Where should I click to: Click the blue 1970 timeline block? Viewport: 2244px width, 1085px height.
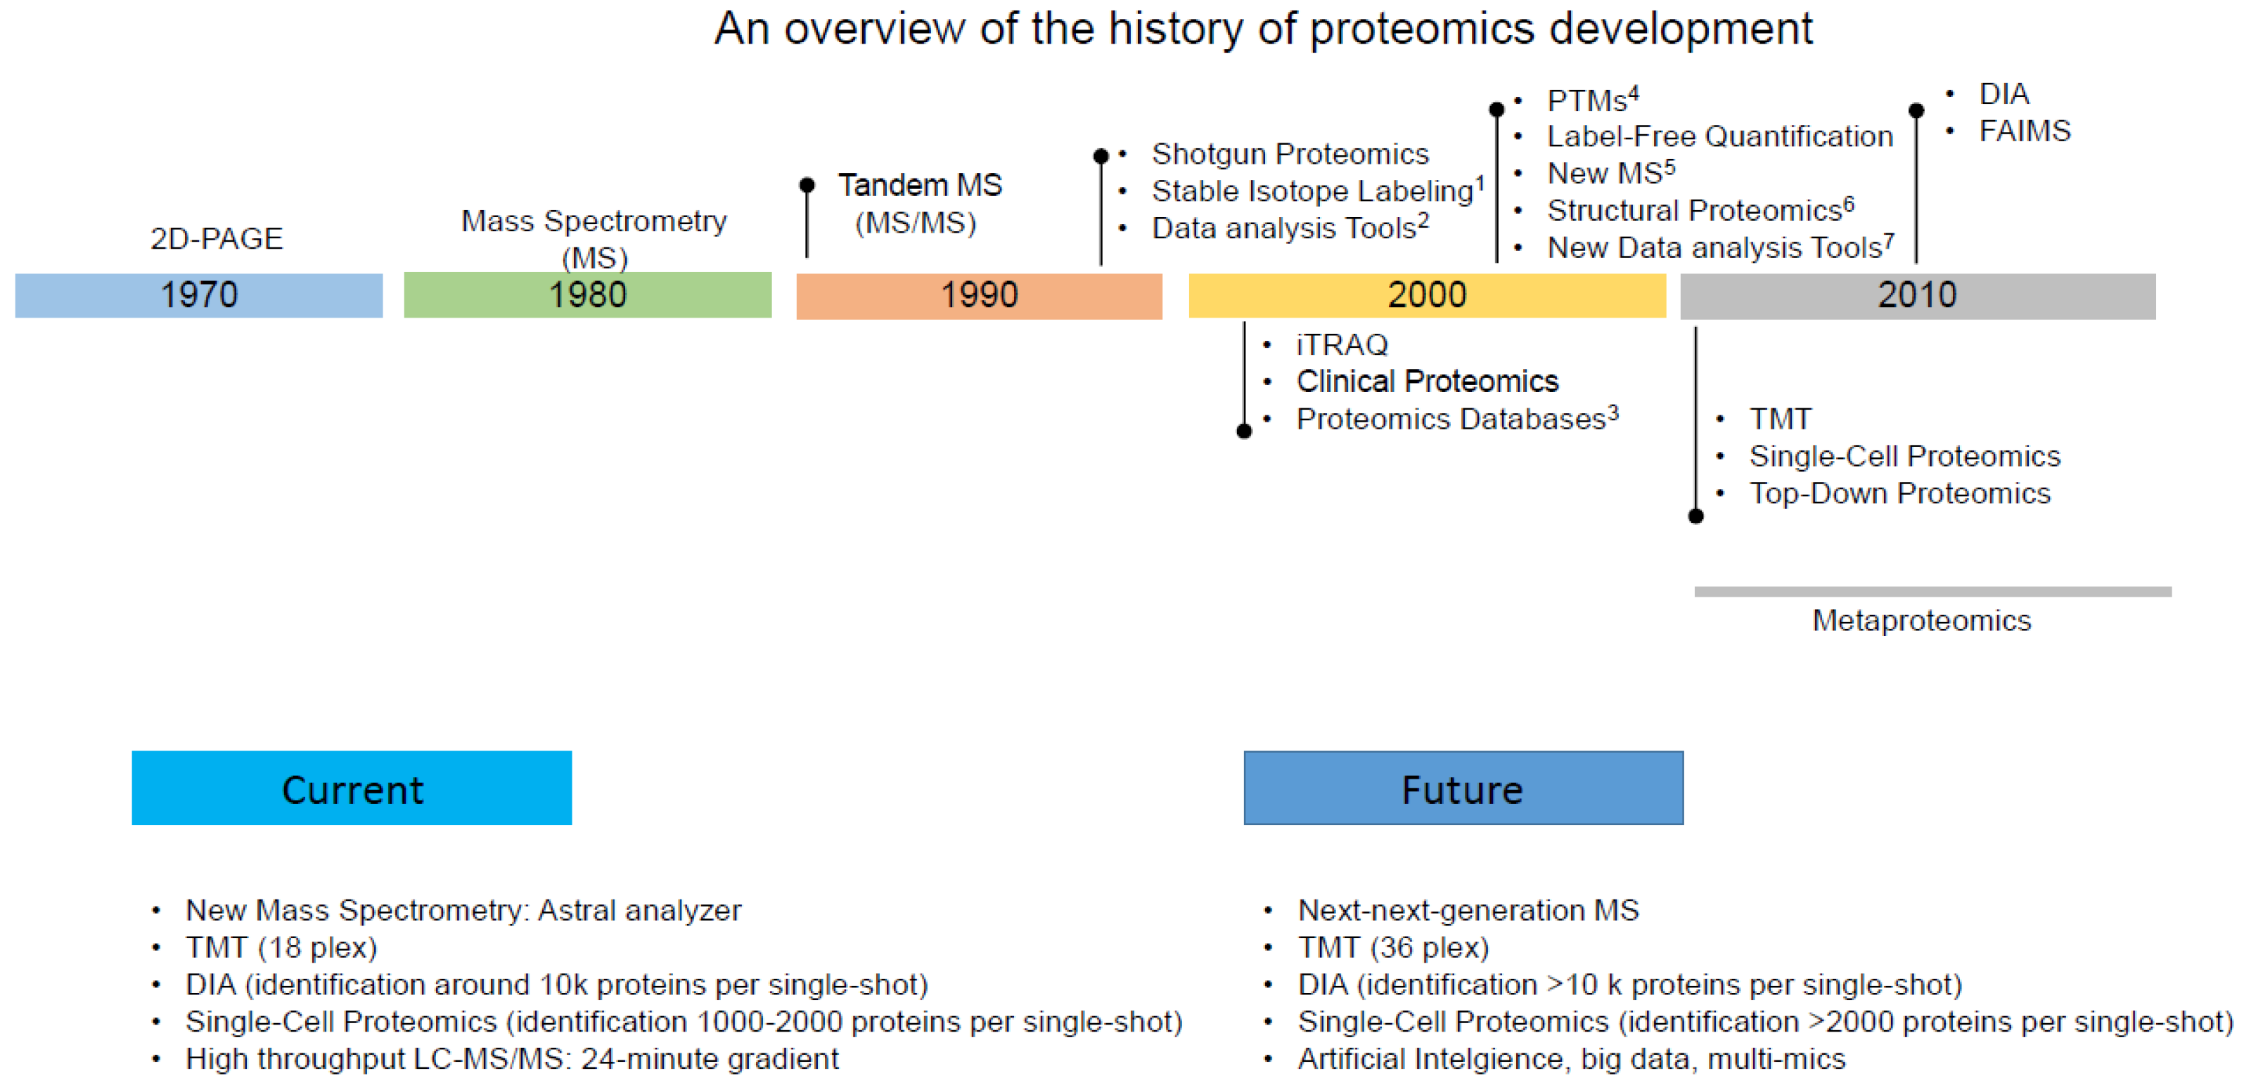[198, 295]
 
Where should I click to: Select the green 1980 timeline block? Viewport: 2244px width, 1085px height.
[587, 295]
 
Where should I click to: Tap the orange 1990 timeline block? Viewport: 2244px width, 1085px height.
[979, 295]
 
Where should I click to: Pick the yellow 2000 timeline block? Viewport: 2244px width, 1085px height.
[1427, 295]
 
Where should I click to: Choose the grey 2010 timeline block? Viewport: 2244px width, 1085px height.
[1917, 295]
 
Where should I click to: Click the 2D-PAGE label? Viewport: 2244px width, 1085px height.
[217, 239]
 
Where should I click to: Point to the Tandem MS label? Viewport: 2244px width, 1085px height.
[920, 186]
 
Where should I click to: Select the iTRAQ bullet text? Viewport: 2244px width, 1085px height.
[1342, 345]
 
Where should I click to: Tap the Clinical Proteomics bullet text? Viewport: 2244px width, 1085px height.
[1427, 382]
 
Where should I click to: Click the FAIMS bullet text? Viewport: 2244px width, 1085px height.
[2025, 131]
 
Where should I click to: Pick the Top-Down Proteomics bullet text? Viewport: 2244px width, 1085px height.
[1900, 494]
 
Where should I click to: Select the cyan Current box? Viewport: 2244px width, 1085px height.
[352, 788]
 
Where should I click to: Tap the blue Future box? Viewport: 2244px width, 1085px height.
[1463, 788]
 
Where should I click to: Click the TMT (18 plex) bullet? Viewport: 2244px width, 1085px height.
[281, 947]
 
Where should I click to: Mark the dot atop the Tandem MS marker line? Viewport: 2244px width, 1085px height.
[807, 186]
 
